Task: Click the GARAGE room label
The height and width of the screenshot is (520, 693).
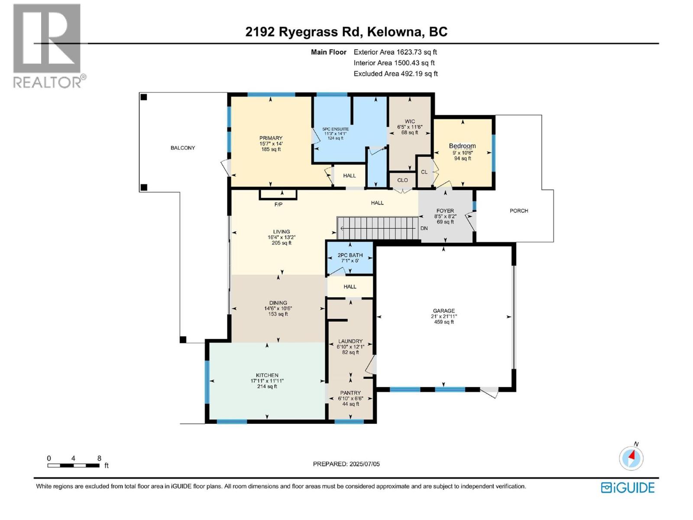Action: point(444,311)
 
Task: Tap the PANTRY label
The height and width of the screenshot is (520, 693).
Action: point(350,393)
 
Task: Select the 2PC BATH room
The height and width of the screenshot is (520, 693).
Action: point(350,258)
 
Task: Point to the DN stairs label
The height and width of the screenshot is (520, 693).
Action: point(424,228)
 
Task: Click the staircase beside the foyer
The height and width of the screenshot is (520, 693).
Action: point(377,228)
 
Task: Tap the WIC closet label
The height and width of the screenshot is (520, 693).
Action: point(410,121)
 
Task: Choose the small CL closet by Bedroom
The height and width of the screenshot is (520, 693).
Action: point(424,172)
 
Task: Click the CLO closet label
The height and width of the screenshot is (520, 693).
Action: point(402,180)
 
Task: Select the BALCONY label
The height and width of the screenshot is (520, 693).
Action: point(183,148)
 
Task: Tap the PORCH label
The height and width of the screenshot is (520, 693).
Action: point(518,211)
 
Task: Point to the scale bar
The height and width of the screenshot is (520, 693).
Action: point(74,465)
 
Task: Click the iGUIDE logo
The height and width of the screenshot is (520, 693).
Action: point(628,487)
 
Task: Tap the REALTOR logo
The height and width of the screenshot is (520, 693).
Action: point(48,45)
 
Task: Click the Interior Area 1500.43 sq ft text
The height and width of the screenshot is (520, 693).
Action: point(394,63)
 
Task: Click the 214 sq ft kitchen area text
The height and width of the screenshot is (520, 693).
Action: point(267,387)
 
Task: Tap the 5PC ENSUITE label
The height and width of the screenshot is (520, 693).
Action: point(336,129)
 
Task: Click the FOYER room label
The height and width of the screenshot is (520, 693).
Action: point(445,211)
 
